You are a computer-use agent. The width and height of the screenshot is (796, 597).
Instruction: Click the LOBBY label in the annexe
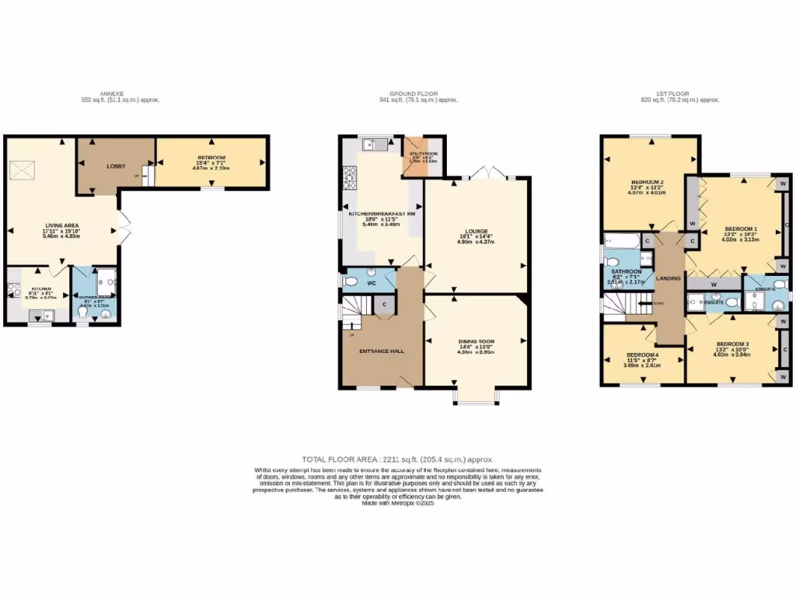pyautogui.click(x=116, y=166)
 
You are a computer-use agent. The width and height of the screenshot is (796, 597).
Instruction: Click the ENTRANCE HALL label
pyautogui.click(x=381, y=351)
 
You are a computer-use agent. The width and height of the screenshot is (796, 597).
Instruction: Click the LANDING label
pyautogui.click(x=669, y=278)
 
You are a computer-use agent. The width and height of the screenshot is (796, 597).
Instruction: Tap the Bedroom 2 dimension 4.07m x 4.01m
pyautogui.click(x=647, y=194)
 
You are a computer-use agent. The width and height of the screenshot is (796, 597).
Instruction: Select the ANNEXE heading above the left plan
pyautogui.click(x=111, y=93)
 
